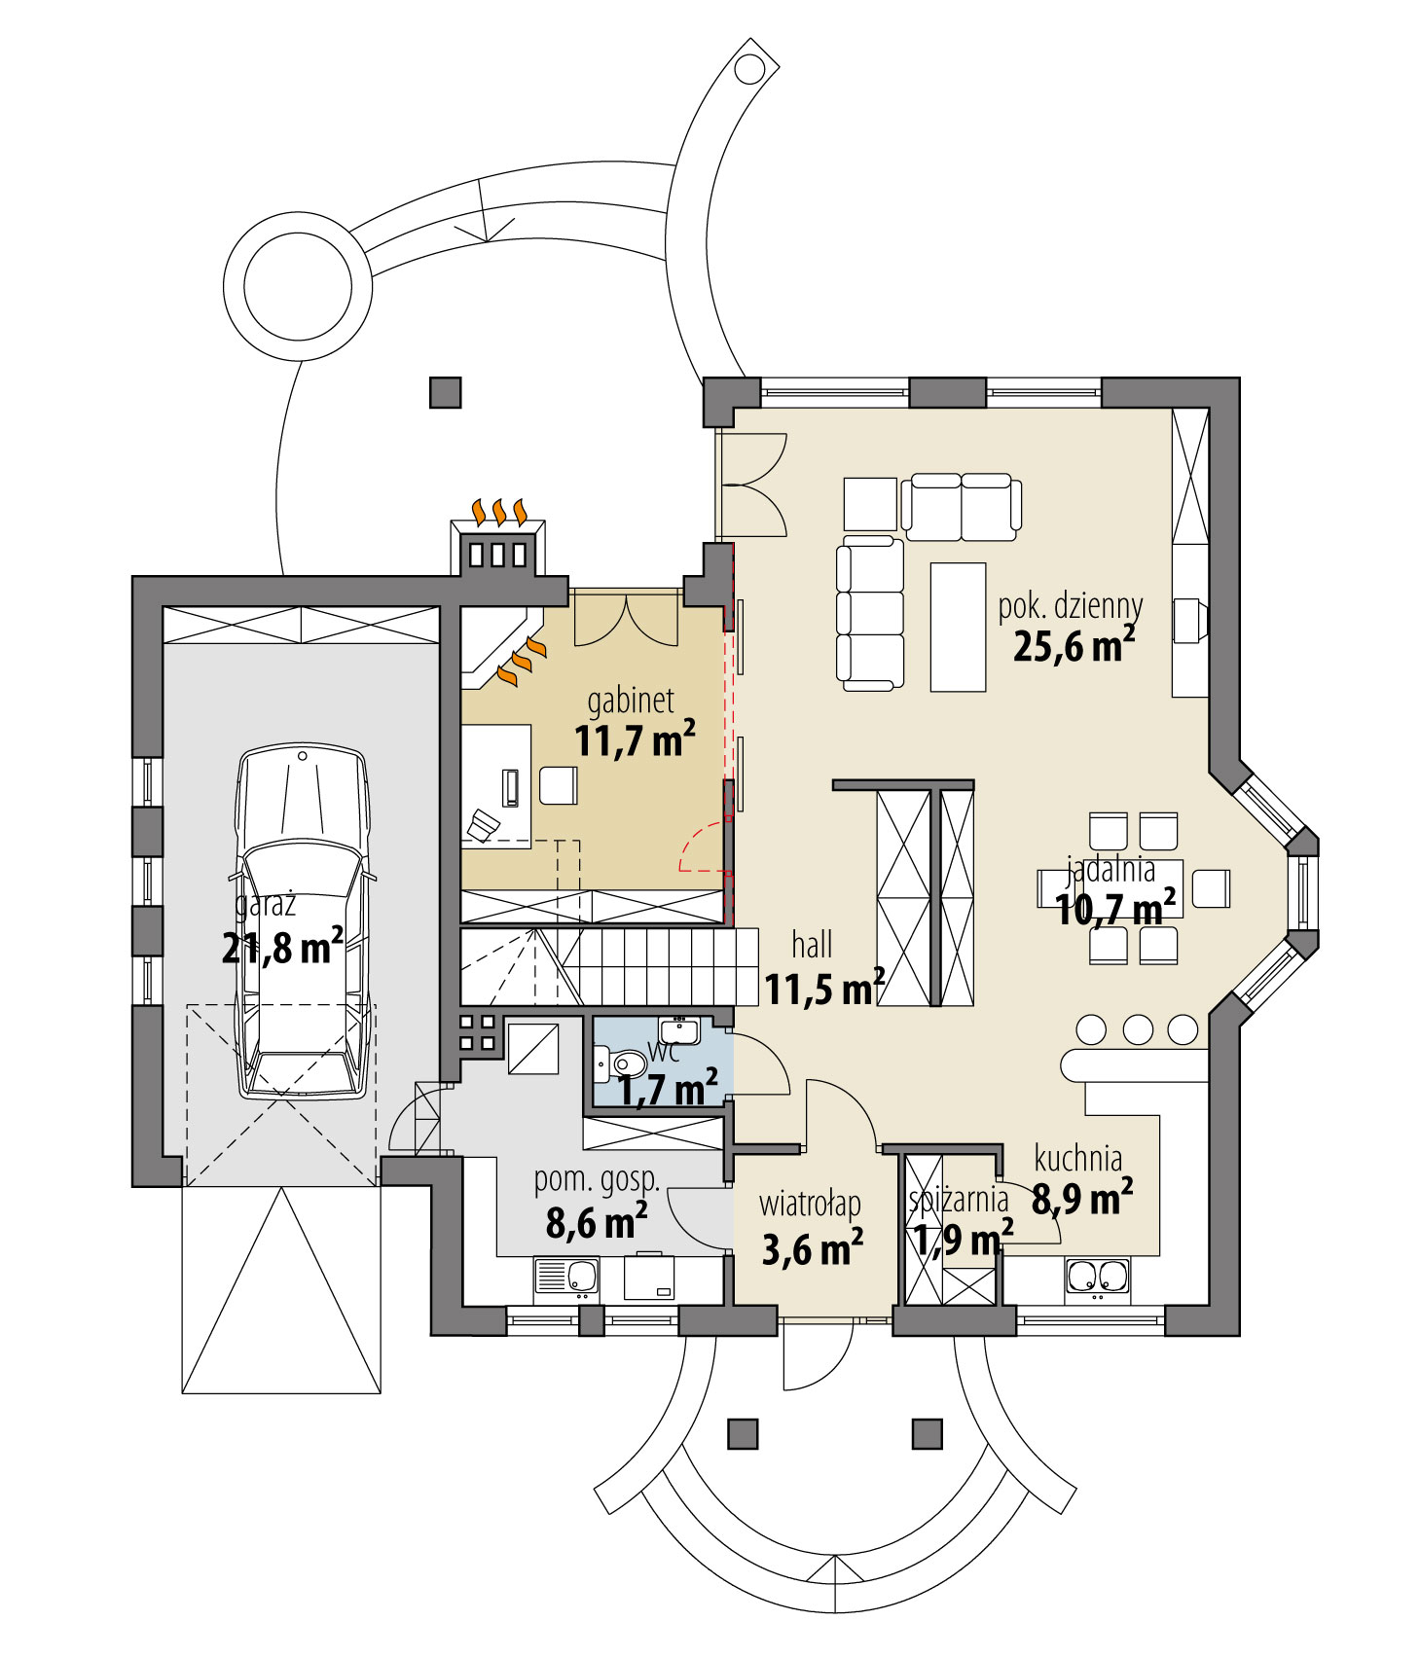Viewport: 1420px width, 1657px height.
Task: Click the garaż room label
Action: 265,905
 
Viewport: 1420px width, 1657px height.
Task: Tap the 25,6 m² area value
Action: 1073,645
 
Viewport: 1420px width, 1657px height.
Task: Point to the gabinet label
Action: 630,701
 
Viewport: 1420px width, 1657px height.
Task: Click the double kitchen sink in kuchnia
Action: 1098,1277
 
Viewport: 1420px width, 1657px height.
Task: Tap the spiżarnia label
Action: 958,1200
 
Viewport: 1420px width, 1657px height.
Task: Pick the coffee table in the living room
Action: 958,627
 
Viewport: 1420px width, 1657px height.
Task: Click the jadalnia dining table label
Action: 1111,867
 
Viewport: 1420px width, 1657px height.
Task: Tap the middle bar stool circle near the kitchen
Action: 1137,1029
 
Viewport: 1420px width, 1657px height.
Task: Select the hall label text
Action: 812,944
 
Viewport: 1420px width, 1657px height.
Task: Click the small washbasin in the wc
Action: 678,1029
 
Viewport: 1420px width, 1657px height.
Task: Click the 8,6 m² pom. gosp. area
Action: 596,1222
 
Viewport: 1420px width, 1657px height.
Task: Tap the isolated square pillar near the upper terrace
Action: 445,392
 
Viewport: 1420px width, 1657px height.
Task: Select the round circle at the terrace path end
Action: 297,287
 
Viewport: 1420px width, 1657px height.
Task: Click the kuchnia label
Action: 1077,1159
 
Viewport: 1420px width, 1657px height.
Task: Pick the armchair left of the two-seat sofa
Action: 869,503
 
